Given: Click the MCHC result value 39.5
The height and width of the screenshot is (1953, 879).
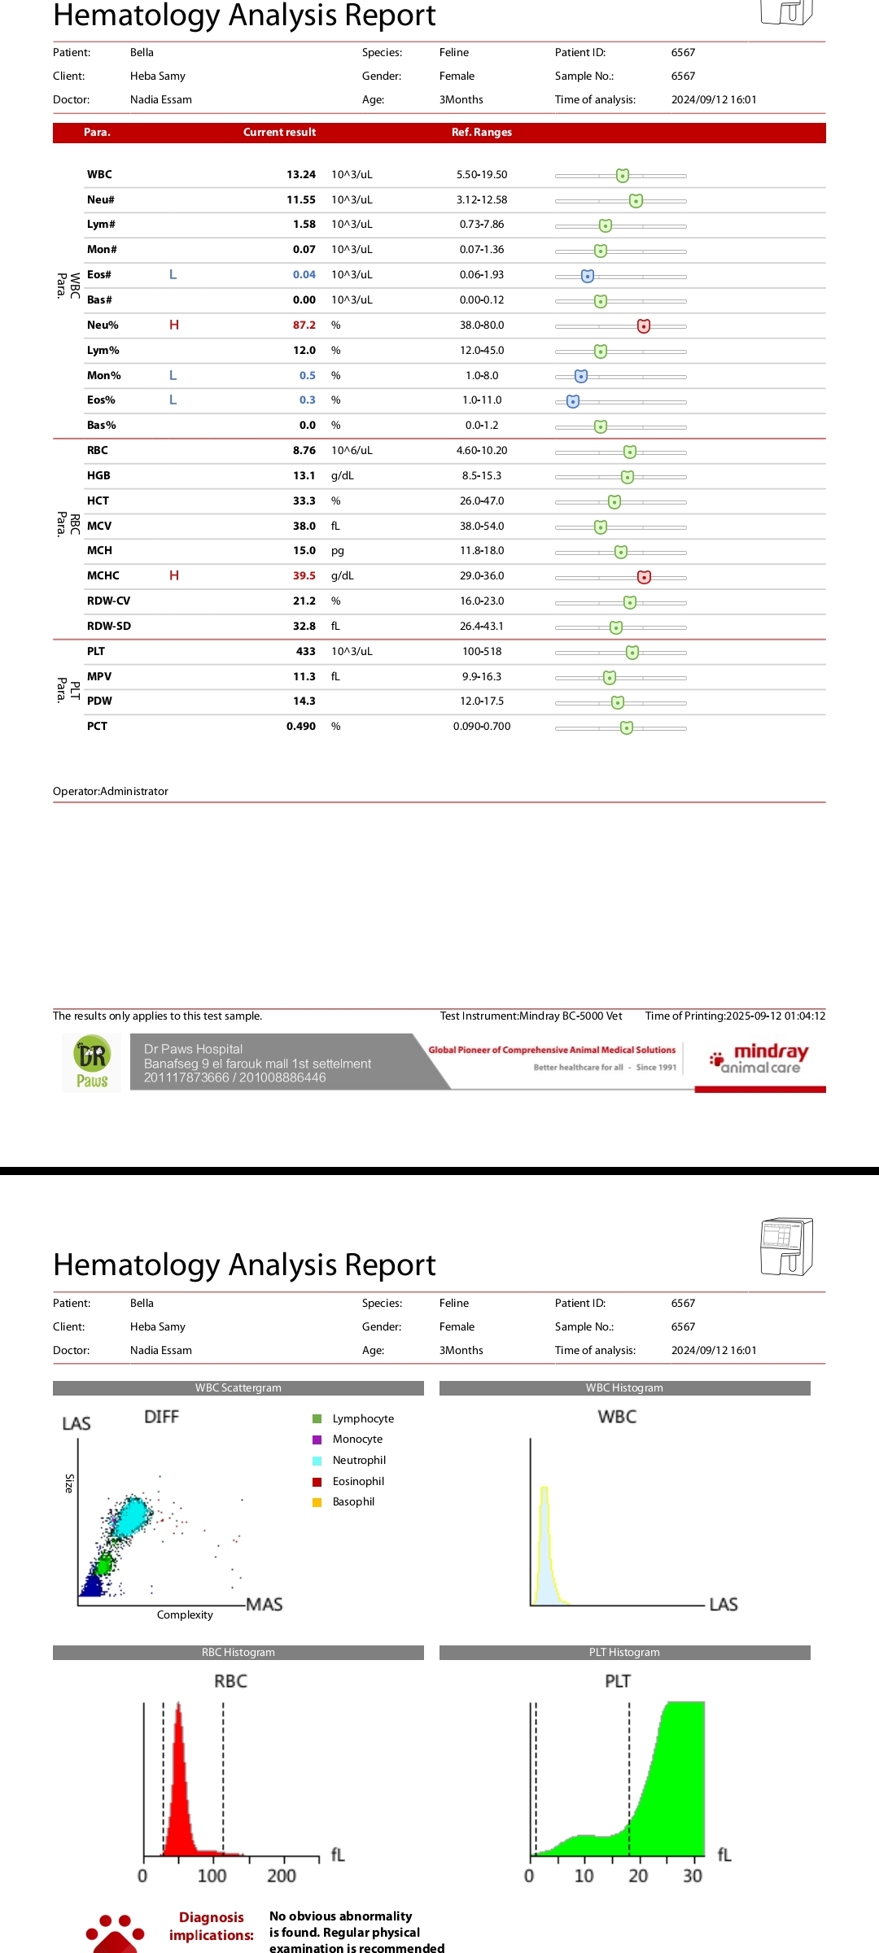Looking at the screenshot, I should click(x=304, y=575).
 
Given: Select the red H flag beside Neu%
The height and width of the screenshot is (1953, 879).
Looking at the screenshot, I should click(x=173, y=325).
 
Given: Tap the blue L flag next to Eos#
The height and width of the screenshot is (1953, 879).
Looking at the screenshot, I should click(x=173, y=274).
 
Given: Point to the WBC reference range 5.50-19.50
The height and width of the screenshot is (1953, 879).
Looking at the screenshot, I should click(x=481, y=174).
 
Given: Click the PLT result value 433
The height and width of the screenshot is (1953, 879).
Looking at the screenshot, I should click(x=305, y=651).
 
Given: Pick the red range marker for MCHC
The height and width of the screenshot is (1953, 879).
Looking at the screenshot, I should click(x=644, y=577).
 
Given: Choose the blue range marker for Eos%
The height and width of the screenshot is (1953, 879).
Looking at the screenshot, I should click(x=573, y=401).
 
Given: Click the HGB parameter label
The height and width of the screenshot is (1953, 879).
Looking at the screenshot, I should click(x=98, y=475).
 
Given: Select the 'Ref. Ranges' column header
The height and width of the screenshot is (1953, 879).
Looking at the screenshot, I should click(x=481, y=132).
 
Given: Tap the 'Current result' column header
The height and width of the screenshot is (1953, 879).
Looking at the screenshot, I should click(x=279, y=132).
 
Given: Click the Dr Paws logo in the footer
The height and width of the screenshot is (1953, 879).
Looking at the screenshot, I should click(x=92, y=1062).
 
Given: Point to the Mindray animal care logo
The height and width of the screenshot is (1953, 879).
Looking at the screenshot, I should click(x=759, y=1059).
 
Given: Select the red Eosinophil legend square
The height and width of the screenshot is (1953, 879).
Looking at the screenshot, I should click(x=317, y=1481).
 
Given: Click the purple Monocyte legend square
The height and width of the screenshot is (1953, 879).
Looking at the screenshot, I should click(x=317, y=1439).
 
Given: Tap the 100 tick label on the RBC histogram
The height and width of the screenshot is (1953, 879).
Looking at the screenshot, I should click(x=212, y=1876).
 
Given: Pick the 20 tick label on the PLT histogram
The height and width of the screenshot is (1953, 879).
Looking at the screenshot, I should click(x=638, y=1876).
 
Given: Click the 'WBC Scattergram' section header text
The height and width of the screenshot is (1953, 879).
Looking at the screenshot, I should click(x=238, y=1387).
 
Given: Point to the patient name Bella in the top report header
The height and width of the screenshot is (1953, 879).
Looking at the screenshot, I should click(x=142, y=52).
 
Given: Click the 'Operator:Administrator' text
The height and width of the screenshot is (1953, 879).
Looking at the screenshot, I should click(x=111, y=791).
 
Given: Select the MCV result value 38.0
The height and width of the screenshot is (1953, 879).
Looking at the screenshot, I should click(x=304, y=526).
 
